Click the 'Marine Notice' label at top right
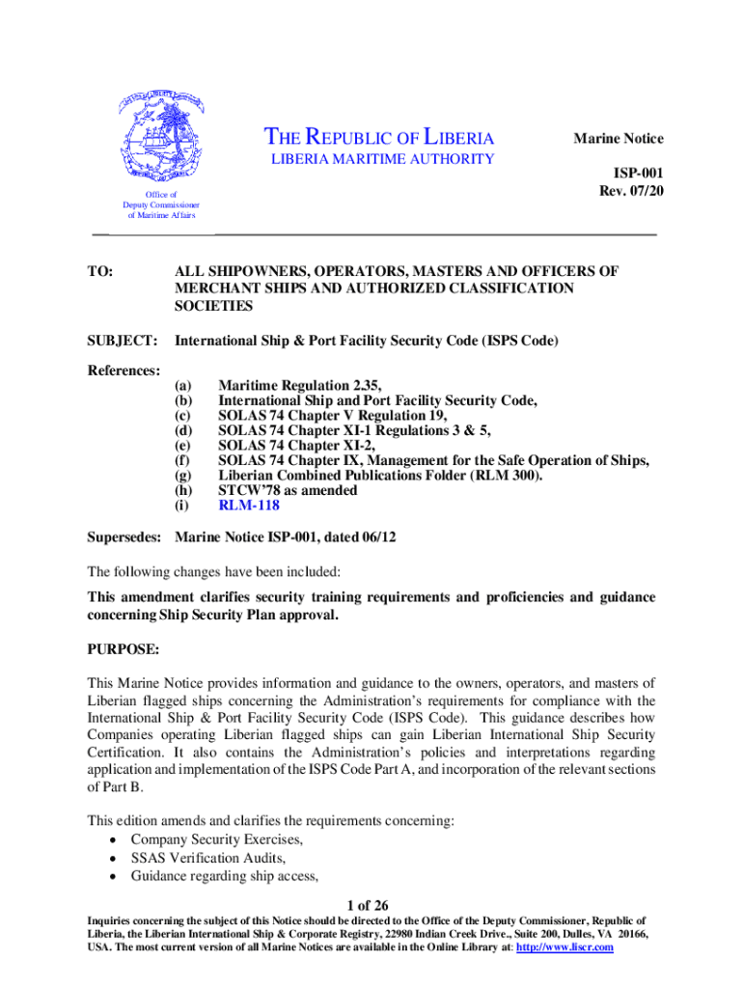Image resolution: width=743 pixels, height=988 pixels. [x=619, y=139]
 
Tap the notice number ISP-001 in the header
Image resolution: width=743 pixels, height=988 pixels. [x=639, y=174]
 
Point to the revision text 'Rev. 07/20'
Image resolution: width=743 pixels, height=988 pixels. [x=631, y=191]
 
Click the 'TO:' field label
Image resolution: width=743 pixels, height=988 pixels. [x=100, y=272]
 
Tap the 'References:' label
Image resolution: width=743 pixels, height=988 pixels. [x=124, y=370]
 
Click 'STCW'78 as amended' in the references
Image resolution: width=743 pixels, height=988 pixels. [x=288, y=490]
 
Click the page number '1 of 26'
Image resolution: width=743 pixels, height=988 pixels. [x=370, y=905]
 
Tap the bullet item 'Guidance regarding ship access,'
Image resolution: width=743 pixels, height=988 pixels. [x=225, y=876]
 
